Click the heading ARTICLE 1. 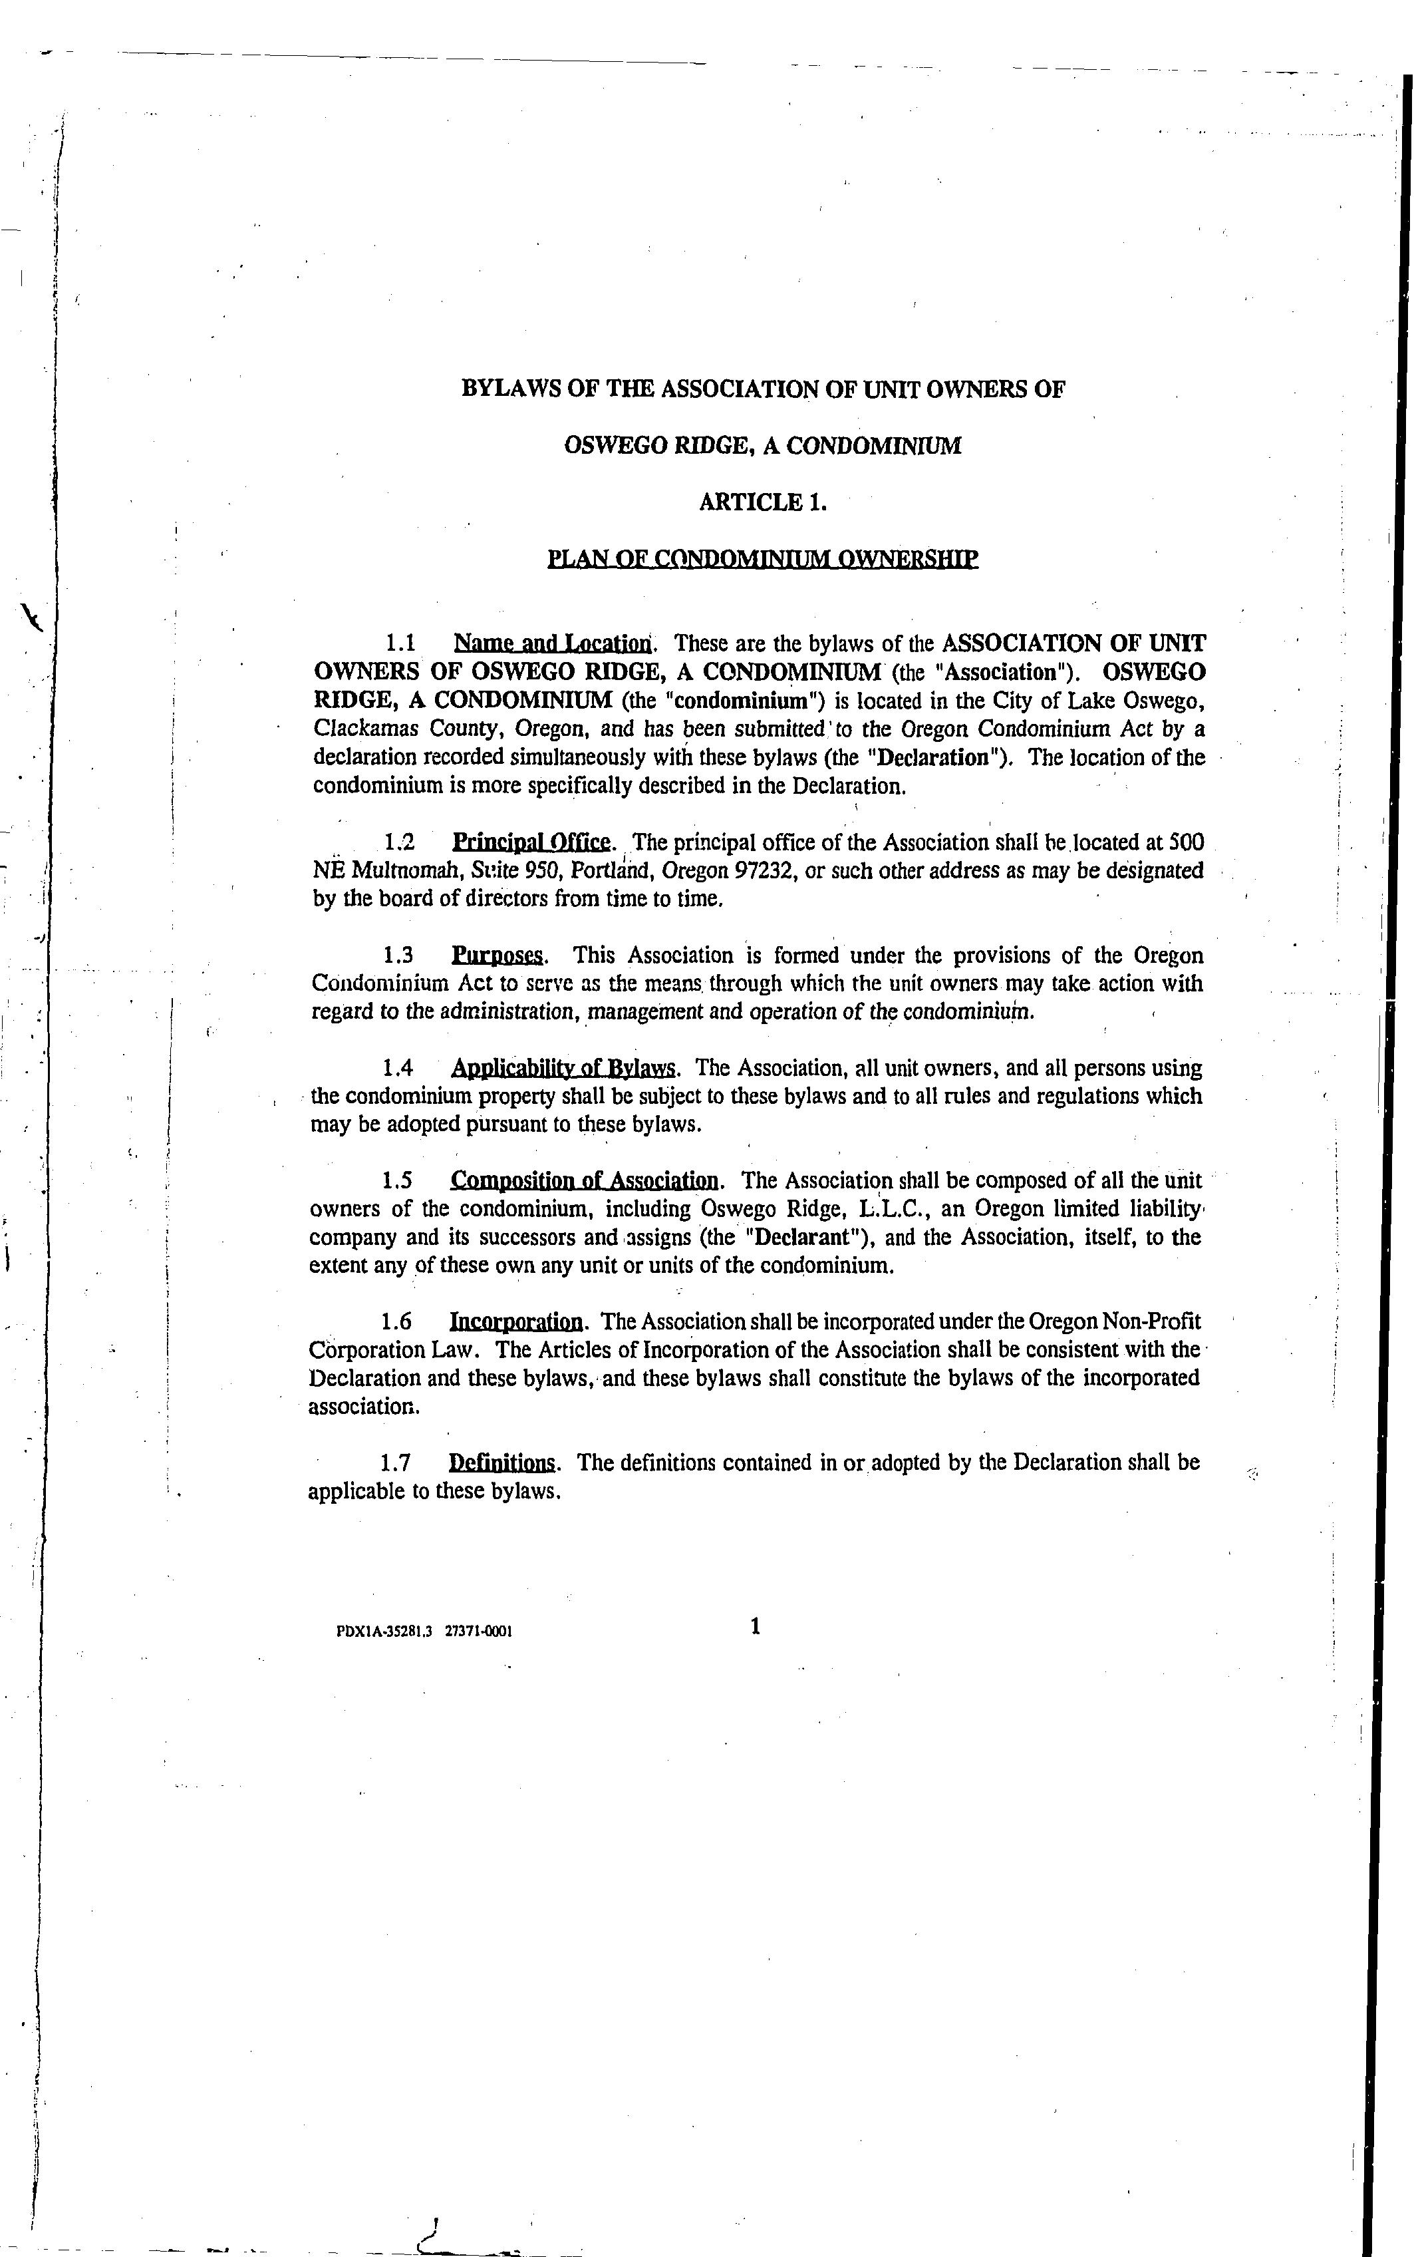pos(762,502)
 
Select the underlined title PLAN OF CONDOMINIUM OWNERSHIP pos(762,560)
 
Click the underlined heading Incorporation pos(516,1321)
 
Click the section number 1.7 pos(396,1463)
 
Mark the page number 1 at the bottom pos(756,1627)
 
